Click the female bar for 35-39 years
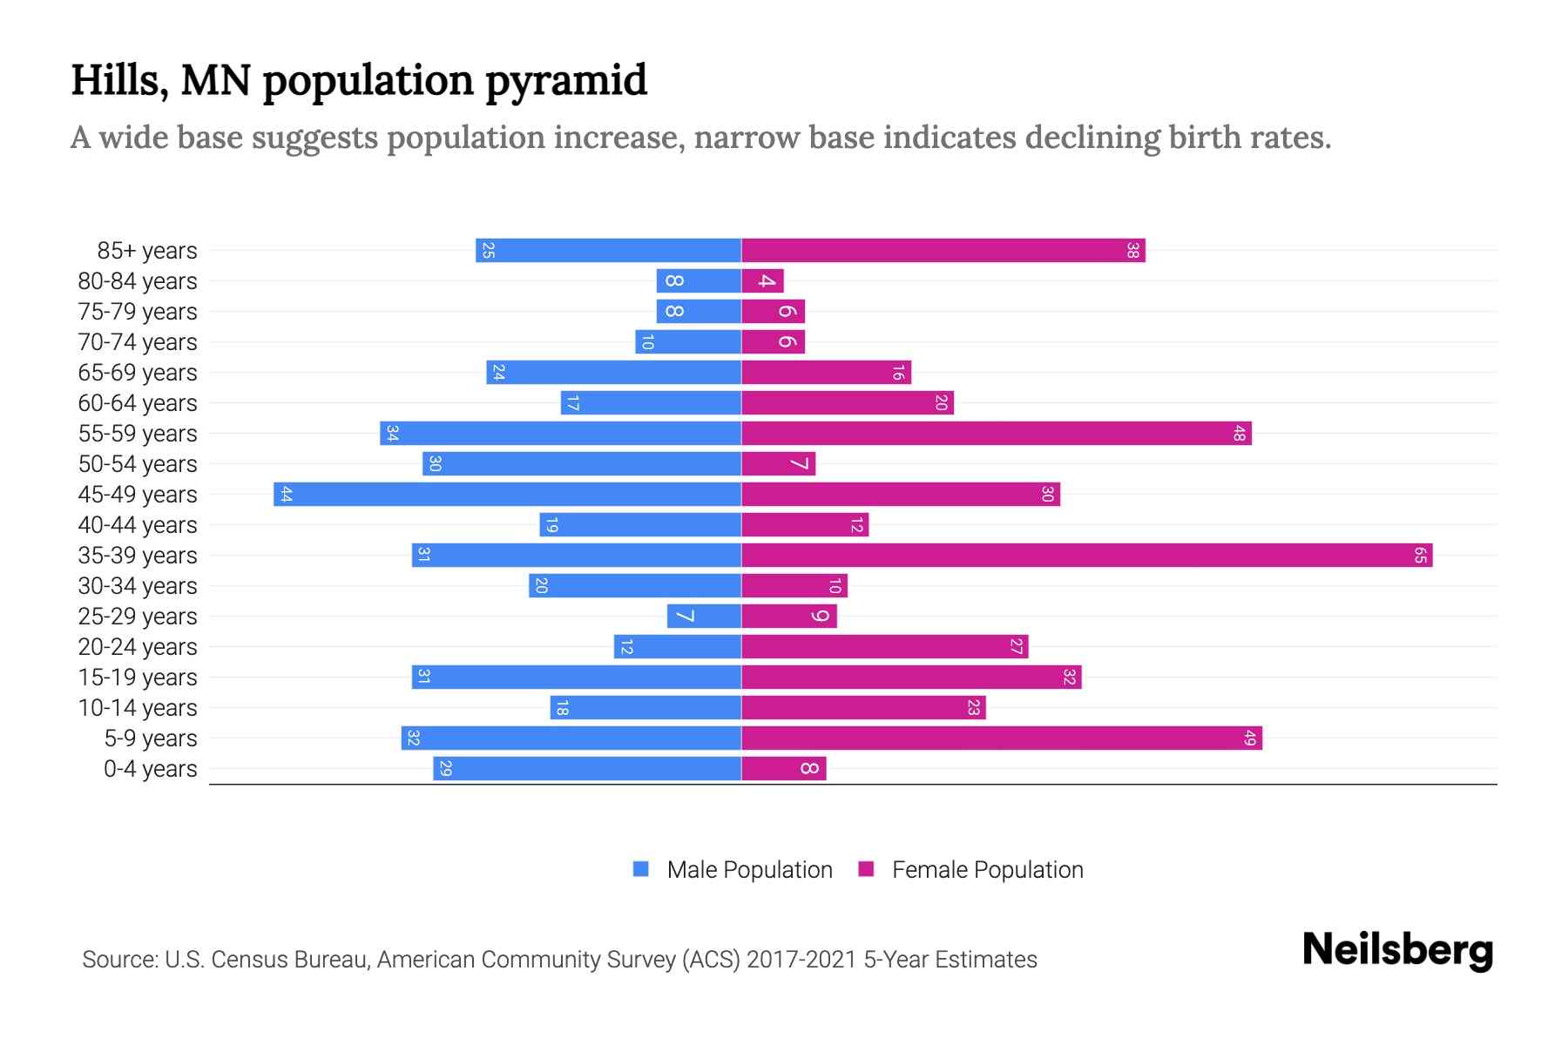pos(1086,556)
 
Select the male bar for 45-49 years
pos(507,495)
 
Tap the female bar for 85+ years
pos(943,251)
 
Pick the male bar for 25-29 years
pos(704,617)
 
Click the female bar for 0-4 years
pos(783,769)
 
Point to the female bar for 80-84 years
pos(762,281)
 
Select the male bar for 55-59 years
pos(560,434)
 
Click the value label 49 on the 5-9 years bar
pos(1250,738)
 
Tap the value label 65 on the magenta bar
pos(1420,556)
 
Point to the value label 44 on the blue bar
pos(286,495)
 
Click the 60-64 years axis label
pos(138,403)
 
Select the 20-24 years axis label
pos(138,647)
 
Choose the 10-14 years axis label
pos(138,708)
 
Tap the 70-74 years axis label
pos(138,342)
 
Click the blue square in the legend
pos(641,869)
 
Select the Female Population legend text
pos(987,870)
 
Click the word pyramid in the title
pos(565,81)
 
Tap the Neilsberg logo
pos(1397,950)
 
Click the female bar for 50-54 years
pos(778,464)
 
